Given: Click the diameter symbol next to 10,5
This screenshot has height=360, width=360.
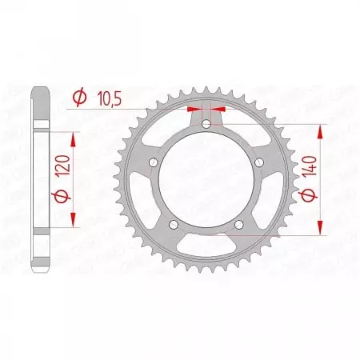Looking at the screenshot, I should click(x=79, y=97).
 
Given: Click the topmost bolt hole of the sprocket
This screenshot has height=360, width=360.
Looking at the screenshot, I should click(x=207, y=123).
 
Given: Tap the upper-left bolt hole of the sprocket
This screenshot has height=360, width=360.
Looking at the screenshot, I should click(x=152, y=164).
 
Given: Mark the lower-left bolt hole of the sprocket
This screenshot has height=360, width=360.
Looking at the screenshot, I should click(x=173, y=228).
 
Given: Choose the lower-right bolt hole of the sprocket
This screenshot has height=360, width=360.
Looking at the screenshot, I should click(x=241, y=228).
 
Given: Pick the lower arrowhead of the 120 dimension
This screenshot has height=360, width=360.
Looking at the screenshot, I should click(x=74, y=224).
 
